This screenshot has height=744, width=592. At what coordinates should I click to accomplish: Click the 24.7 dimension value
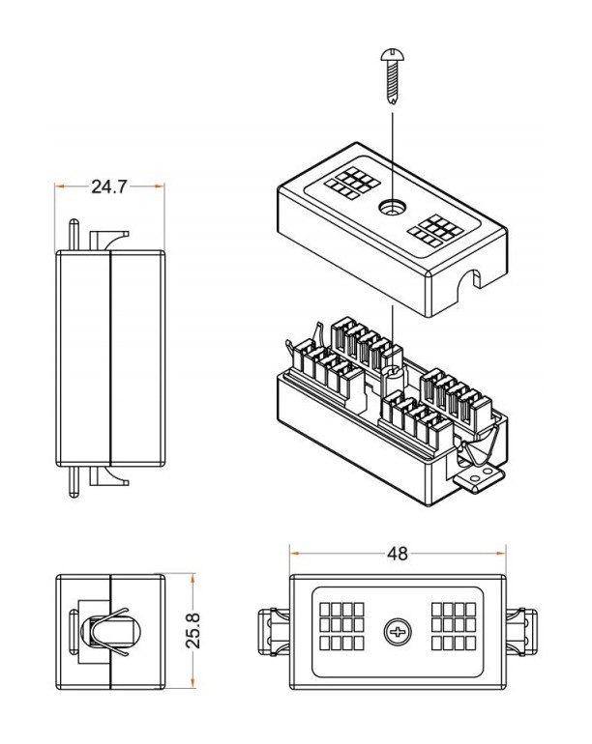coord(109,186)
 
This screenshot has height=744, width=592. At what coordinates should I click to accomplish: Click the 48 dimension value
coord(397,554)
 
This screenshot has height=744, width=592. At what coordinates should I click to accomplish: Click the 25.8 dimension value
coord(193,629)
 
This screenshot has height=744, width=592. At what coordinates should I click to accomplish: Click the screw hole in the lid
coord(392,208)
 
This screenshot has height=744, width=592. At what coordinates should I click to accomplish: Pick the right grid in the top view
coord(456,627)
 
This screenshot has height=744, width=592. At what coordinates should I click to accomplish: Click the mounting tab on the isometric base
coord(482,477)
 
